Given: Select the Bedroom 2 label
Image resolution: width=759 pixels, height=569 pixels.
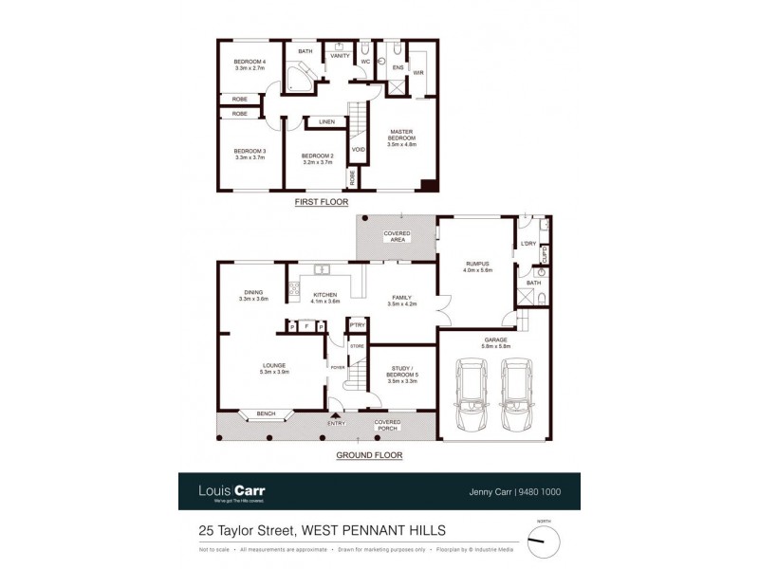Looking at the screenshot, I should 316,159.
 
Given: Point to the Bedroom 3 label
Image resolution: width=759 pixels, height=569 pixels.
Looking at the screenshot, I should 250,155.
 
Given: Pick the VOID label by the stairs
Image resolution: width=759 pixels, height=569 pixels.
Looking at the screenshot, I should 358,150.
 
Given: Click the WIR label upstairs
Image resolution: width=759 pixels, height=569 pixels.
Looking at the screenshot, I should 417,72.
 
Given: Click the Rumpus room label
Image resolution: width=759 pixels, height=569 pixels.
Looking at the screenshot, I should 476,267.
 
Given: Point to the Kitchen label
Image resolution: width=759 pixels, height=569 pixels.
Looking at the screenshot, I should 325,299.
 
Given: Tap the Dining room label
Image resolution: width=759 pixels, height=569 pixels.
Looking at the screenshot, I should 253,296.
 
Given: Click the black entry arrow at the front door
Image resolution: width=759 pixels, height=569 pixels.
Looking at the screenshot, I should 334,413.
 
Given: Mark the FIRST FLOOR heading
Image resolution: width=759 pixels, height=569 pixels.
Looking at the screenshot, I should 322,203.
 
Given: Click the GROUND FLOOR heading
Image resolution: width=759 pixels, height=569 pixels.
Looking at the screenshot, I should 369,455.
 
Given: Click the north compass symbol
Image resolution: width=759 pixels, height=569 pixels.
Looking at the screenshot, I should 544,541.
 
